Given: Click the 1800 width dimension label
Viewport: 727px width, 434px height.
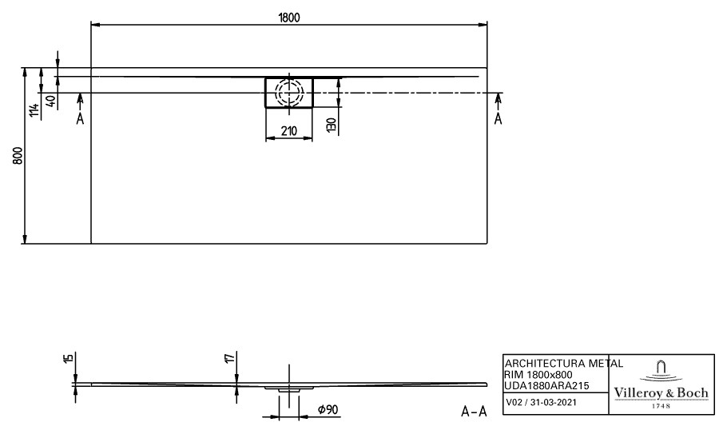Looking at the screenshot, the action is [x=289, y=18].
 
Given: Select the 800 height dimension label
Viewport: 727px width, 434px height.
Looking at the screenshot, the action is [x=18, y=156].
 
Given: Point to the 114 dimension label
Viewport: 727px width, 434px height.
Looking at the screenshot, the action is [x=34, y=111].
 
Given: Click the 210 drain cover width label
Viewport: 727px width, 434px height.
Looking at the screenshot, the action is [x=289, y=131].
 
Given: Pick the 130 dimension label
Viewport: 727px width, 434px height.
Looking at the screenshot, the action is [x=331, y=125].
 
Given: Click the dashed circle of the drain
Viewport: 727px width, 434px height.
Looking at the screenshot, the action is [x=289, y=92].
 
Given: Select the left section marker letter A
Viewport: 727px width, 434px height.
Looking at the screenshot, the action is [x=80, y=119].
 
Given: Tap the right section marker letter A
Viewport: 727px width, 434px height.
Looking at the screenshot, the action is [x=498, y=119].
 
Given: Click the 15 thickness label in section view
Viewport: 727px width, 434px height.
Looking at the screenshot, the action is [x=69, y=358].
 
